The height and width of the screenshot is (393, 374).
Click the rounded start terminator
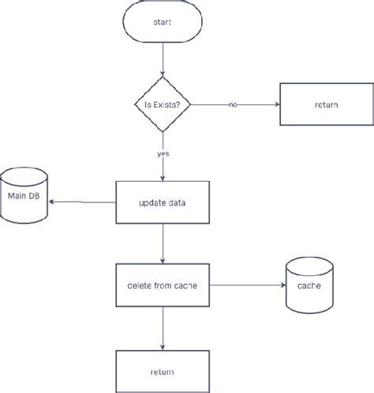click(162, 22)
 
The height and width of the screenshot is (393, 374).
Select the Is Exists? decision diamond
click(162, 104)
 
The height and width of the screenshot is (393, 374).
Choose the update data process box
click(162, 203)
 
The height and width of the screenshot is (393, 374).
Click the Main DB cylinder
click(26, 195)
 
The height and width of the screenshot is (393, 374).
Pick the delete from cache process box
click(162, 285)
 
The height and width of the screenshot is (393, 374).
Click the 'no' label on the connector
click(233, 104)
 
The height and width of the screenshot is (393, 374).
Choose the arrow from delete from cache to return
click(162, 328)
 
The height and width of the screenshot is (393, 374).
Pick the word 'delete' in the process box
click(140, 285)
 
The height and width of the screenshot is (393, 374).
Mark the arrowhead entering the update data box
click(162, 178)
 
